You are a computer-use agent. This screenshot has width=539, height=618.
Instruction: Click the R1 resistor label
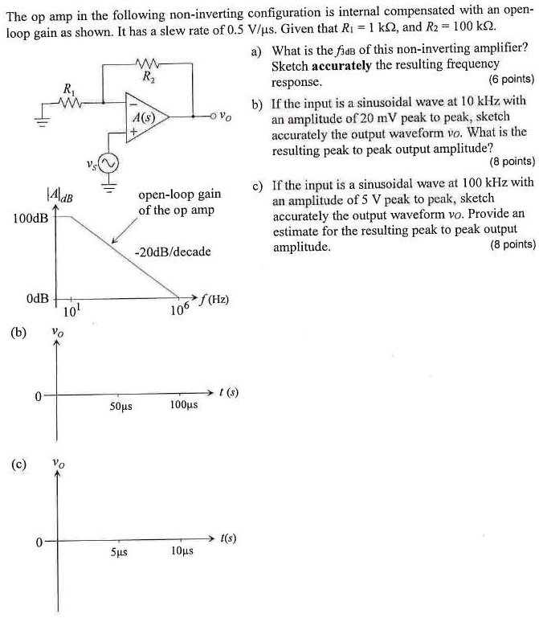(67, 88)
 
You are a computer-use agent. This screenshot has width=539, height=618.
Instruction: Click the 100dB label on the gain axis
(30, 218)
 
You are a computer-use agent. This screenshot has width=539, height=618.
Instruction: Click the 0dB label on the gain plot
(37, 299)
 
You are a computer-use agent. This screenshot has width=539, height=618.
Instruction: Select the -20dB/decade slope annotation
(173, 252)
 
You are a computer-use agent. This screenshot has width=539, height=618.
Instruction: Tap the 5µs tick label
(120, 553)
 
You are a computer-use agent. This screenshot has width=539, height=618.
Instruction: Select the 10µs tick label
(182, 553)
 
